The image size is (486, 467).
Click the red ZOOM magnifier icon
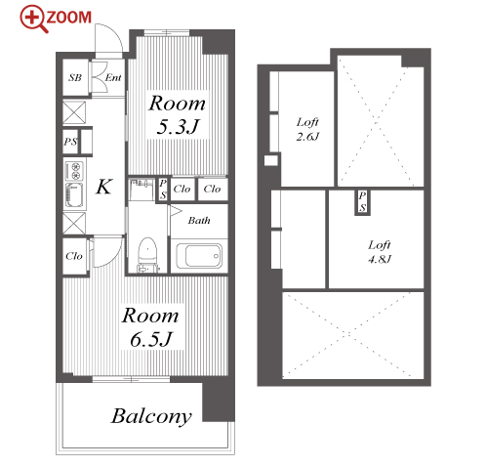(x=33, y=18)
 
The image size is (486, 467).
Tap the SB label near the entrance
(x=75, y=77)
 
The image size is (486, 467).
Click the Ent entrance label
(x=113, y=77)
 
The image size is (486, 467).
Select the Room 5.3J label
(x=178, y=114)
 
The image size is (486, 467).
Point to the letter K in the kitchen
(x=104, y=187)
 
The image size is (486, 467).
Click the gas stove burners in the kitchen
(x=75, y=171)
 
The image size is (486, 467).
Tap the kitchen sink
(x=74, y=195)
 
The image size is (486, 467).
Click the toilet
(x=147, y=255)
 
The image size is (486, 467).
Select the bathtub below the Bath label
(x=199, y=256)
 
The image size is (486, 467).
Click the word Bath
(x=199, y=221)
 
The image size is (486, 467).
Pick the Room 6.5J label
(x=150, y=326)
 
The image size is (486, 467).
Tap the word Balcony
(x=151, y=416)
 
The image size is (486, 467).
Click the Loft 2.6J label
(x=307, y=129)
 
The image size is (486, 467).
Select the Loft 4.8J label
(x=380, y=252)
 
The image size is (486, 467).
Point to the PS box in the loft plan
(x=362, y=202)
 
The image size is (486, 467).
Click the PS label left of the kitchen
(x=70, y=142)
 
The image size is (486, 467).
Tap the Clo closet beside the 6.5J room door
(x=74, y=256)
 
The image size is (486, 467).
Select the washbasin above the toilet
(x=142, y=189)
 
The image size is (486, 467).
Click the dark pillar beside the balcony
(x=219, y=403)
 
